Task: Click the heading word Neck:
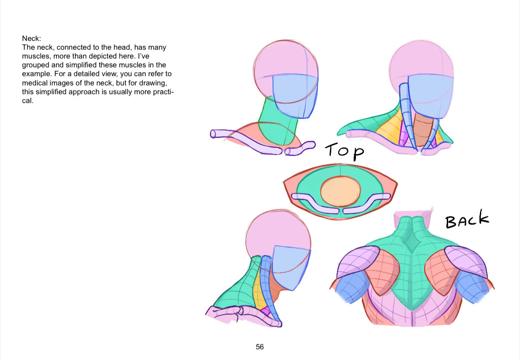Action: click(x=31, y=38)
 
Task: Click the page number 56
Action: click(x=260, y=347)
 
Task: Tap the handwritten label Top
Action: click(x=344, y=152)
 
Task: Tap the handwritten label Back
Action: click(x=467, y=219)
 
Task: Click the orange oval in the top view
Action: click(x=340, y=191)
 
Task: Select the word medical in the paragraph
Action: click(x=34, y=83)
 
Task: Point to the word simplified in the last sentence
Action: click(x=52, y=92)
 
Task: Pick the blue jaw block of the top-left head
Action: click(x=295, y=96)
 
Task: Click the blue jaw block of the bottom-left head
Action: click(x=291, y=267)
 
